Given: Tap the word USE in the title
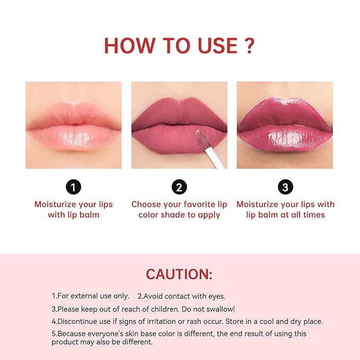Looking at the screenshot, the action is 217,46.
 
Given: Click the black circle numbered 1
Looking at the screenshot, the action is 74,187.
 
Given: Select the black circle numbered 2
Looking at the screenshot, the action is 179,187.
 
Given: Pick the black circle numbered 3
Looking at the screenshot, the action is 285,187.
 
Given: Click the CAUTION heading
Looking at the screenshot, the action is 179,274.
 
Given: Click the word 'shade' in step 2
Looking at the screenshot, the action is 173,215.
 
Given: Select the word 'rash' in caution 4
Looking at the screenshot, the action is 193,321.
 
